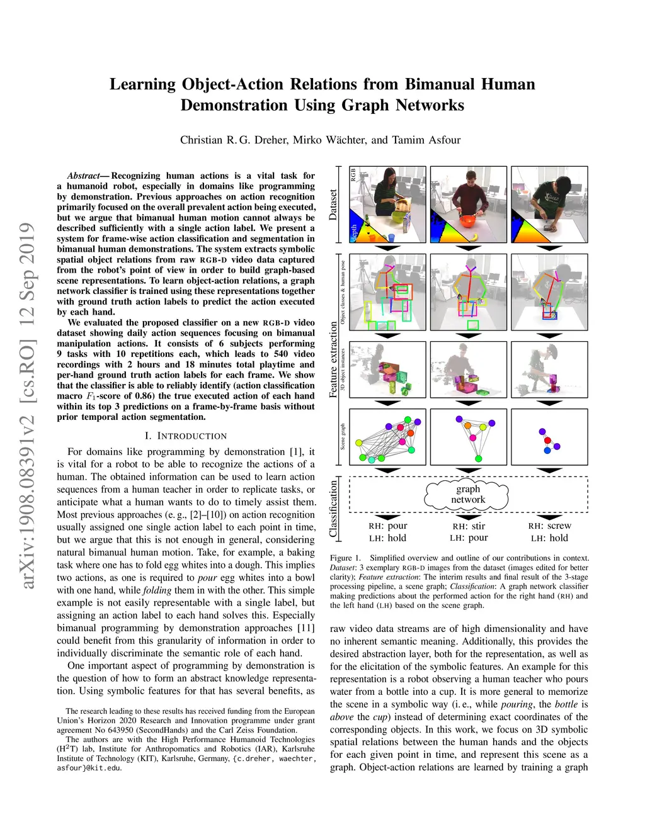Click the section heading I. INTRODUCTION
click(186, 436)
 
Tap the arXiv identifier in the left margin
click(27, 405)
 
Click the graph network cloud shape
click(468, 495)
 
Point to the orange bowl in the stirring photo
click(467, 221)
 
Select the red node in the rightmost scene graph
click(547, 440)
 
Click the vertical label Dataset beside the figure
click(333, 204)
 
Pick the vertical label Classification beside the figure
click(333, 509)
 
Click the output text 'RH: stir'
click(469, 526)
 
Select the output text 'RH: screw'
click(549, 526)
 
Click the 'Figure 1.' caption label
click(345, 558)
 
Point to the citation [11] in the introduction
click(306, 628)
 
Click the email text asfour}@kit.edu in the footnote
click(89, 768)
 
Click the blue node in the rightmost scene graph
click(547, 451)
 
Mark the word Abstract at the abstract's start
click(83, 176)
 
